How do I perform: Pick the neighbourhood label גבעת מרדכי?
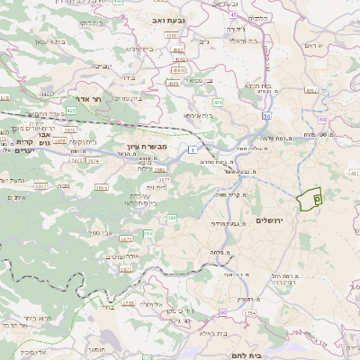[224, 222]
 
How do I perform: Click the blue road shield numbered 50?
[267, 116]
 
